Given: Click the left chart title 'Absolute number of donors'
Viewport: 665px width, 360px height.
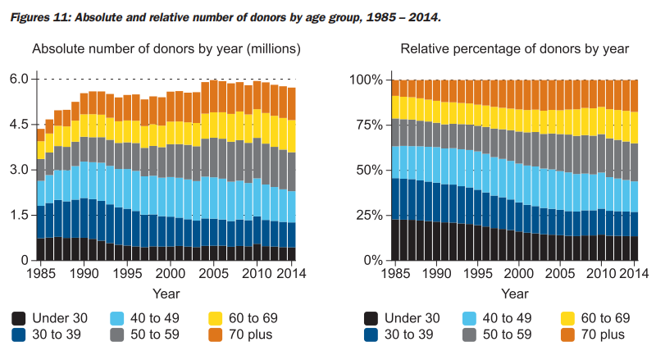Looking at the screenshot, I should coord(166,49).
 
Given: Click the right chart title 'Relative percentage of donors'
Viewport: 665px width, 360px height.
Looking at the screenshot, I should coord(514,49).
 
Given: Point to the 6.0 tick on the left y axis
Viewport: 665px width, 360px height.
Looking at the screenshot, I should coord(19,80).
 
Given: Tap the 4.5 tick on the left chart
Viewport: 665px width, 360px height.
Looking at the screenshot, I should coord(19,125).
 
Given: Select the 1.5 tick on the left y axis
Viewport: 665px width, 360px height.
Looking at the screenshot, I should coord(19,215).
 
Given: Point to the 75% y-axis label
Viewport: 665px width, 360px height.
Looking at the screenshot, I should coord(370,125).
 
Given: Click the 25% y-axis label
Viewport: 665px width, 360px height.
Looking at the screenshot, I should coord(370,215).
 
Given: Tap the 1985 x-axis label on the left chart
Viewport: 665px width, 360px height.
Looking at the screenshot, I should coord(40,273).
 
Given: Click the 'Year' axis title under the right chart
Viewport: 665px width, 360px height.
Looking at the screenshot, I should coord(515,293).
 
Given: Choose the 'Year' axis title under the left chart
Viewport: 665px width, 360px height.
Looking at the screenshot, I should coord(166,293).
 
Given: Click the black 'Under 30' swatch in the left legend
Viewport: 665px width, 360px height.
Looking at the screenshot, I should coord(20,318).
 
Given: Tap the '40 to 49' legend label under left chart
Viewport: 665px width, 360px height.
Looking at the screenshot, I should coord(162,318).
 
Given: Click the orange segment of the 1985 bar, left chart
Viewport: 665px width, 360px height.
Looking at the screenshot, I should coord(40,134).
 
